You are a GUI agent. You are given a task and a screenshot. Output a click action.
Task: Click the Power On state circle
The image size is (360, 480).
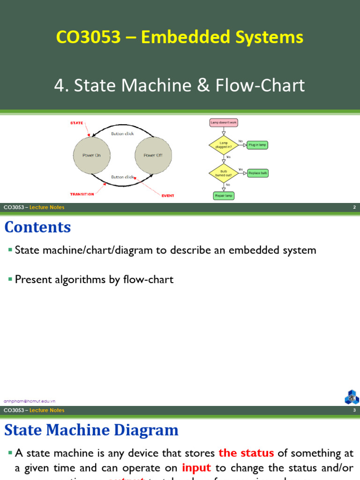(91, 155)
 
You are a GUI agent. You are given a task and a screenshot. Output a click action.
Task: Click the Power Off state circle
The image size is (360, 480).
(153, 155)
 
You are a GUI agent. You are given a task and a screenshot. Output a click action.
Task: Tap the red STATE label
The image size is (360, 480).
(76, 123)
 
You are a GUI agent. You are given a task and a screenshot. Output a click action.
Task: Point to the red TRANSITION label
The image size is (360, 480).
(82, 194)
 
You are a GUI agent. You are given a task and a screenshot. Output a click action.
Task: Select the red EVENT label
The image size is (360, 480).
(168, 195)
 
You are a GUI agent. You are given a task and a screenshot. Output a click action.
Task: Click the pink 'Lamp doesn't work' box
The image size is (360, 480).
(224, 123)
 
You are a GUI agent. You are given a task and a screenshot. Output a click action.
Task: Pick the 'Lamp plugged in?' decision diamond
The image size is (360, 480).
(223, 145)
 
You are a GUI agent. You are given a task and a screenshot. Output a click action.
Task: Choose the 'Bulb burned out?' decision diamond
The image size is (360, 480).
(223, 173)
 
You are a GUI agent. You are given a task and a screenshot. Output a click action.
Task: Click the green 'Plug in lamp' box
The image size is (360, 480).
(257, 145)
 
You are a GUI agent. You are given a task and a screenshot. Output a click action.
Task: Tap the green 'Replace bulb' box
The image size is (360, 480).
(258, 173)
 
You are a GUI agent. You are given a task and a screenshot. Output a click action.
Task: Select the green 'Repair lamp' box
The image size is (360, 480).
(224, 195)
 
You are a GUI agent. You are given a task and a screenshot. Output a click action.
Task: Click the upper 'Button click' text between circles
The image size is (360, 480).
(122, 134)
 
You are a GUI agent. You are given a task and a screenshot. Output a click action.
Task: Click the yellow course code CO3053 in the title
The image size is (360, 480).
(88, 37)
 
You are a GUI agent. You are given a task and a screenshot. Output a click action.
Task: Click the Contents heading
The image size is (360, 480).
(37, 227)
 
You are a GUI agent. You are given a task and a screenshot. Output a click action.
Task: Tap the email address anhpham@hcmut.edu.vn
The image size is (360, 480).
(30, 401)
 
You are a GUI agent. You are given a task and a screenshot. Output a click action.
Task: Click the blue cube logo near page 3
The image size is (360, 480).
(352, 397)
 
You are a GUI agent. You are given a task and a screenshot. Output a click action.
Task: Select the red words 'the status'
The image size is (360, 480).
(246, 453)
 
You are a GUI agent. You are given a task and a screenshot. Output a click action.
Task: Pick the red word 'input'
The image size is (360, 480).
(196, 468)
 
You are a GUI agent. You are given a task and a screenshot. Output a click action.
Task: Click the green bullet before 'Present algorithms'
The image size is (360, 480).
(10, 279)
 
